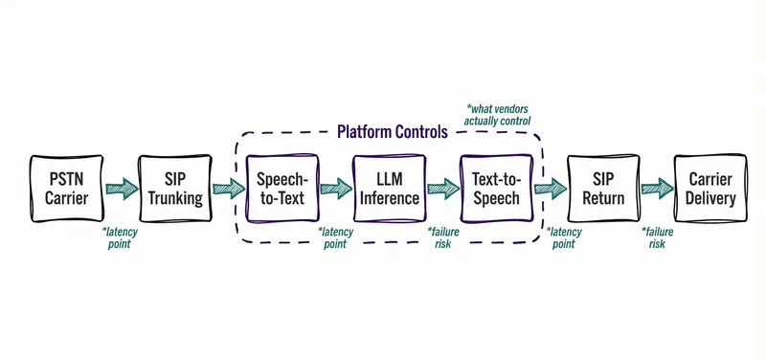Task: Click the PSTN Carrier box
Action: tap(67, 189)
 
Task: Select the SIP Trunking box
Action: tap(174, 189)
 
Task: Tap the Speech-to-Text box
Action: tap(282, 189)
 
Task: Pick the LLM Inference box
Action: tap(389, 189)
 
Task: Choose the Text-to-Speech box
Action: tap(496, 189)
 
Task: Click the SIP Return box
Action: tap(603, 189)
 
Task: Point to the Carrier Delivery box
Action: tap(710, 189)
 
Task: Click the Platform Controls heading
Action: tap(392, 132)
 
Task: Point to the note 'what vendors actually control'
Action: tap(499, 114)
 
